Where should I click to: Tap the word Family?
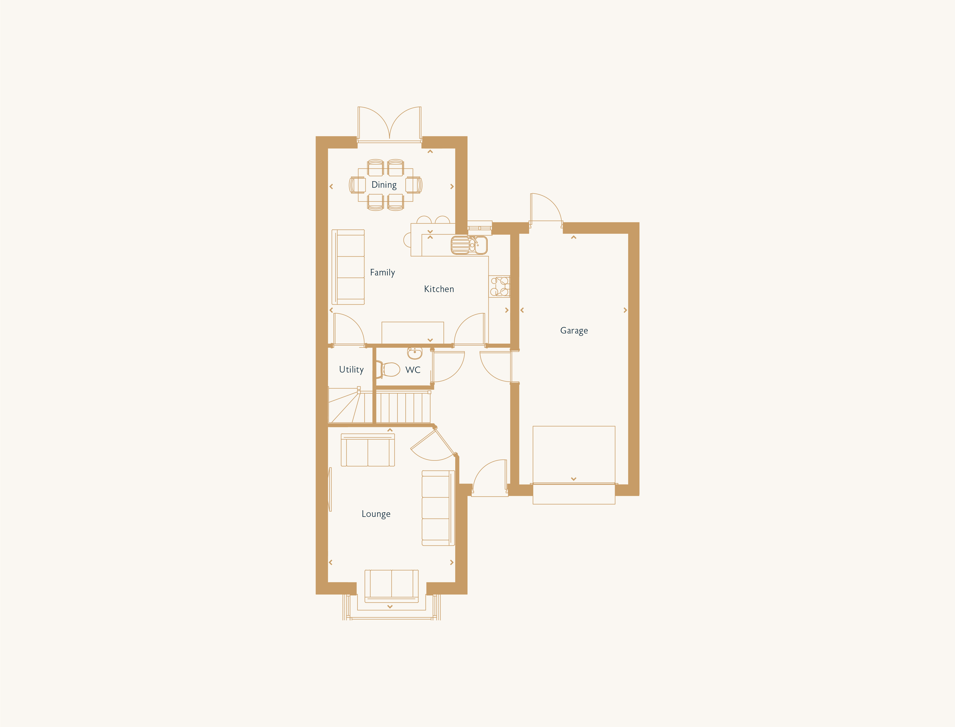(x=382, y=272)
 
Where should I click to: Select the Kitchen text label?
(x=439, y=289)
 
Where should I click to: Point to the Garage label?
(x=574, y=331)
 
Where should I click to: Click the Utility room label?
(x=351, y=370)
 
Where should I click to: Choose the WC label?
(x=413, y=370)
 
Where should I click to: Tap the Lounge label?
(x=376, y=514)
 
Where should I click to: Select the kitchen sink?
(x=469, y=245)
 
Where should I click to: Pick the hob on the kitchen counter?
(x=500, y=287)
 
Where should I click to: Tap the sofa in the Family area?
(x=348, y=267)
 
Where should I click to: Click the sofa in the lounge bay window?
(x=391, y=586)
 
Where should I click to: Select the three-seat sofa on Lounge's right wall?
(x=438, y=508)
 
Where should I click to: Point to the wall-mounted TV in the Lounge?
(x=330, y=489)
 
